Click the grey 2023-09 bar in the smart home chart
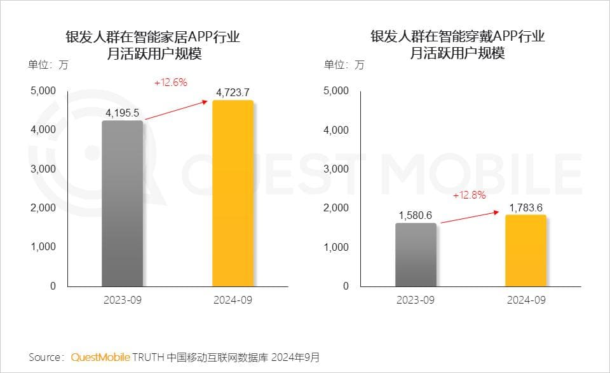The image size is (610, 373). click(x=122, y=204)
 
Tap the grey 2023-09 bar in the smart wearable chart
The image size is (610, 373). click(x=416, y=255)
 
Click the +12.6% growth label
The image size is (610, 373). click(x=170, y=83)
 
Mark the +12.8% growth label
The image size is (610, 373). click(x=469, y=195)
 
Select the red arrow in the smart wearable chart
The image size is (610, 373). click(x=471, y=217)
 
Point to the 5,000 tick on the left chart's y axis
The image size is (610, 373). click(x=43, y=91)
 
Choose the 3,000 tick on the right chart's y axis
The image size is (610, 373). click(x=336, y=169)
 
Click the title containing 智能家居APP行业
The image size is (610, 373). click(x=153, y=45)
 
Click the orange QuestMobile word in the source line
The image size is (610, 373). click(x=100, y=356)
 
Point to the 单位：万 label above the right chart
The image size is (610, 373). click(x=344, y=64)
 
